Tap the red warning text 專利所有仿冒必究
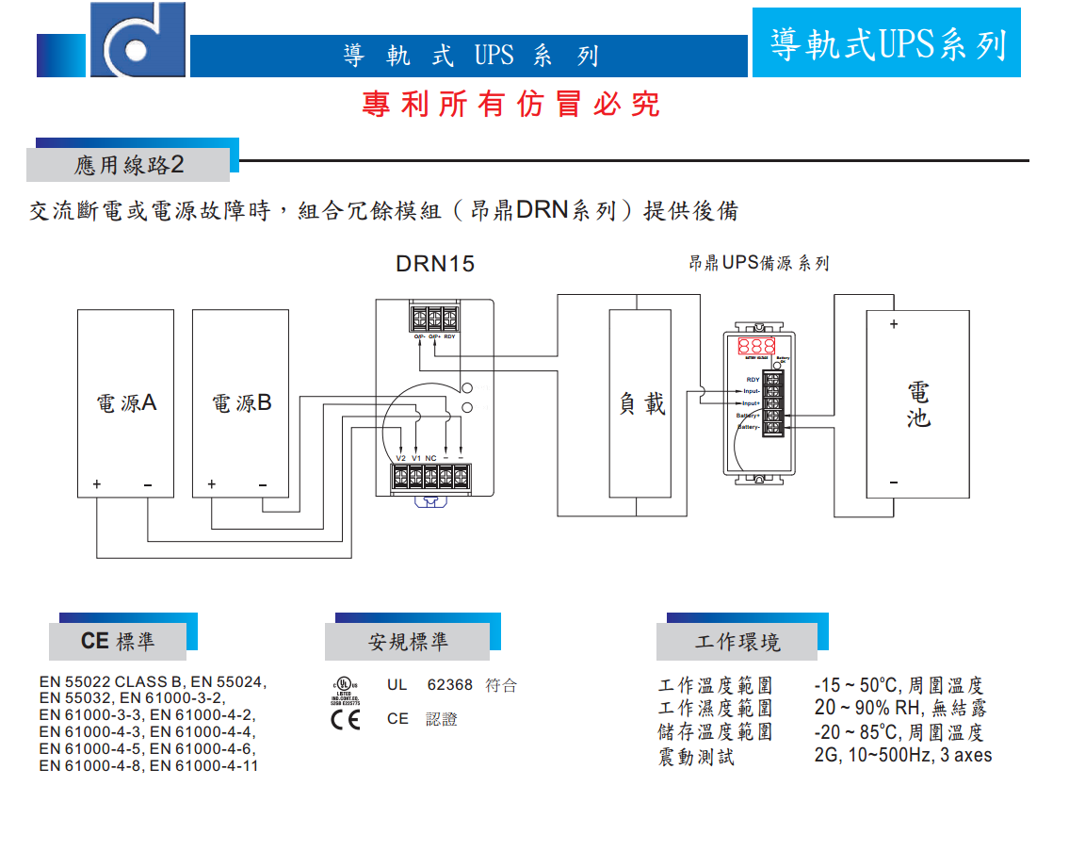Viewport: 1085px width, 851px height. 510,104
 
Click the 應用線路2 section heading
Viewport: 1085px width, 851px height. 129,165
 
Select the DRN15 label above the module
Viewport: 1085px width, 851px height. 435,264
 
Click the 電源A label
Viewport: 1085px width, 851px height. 126,403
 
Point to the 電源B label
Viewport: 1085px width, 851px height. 241,403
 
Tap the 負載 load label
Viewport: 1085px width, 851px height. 641,403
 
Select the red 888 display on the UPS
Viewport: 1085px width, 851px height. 756,346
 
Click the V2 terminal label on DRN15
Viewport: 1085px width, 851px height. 401,458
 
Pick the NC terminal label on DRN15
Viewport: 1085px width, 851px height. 430,458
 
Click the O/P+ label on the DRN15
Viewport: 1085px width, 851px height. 434,336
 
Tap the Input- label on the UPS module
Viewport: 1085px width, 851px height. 751,391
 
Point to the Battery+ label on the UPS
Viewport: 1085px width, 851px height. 749,416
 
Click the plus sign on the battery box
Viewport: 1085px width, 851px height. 893,324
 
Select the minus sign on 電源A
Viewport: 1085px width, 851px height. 148,484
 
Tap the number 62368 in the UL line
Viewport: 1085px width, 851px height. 450,685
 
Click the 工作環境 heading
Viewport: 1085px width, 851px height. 737,643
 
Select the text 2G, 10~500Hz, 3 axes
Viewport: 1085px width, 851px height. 902,755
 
